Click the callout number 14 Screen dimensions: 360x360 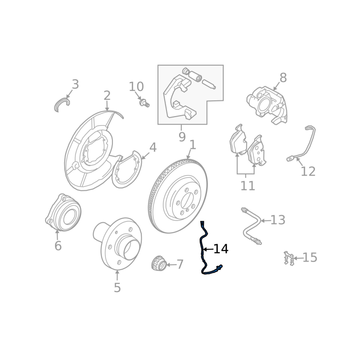click(x=221, y=249)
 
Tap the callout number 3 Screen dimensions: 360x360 click(x=75, y=84)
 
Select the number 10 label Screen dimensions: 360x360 click(x=136, y=86)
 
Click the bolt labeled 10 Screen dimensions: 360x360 click(x=144, y=103)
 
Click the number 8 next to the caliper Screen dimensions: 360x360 click(x=283, y=77)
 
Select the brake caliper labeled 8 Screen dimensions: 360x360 click(x=267, y=105)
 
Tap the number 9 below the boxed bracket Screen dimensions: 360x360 click(x=182, y=137)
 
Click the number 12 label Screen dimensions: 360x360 click(x=308, y=171)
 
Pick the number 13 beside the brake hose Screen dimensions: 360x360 click(x=278, y=220)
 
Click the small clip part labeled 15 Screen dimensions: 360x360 click(x=289, y=258)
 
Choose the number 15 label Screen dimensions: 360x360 click(x=310, y=257)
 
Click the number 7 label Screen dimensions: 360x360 click(x=180, y=265)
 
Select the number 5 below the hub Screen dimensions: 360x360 click(x=117, y=288)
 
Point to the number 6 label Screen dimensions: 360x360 click(x=58, y=246)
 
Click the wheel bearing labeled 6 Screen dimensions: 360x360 click(x=63, y=212)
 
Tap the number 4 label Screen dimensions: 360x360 click(x=153, y=148)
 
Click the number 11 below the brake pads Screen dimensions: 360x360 click(x=248, y=186)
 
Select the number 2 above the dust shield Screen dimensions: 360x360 click(x=107, y=96)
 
